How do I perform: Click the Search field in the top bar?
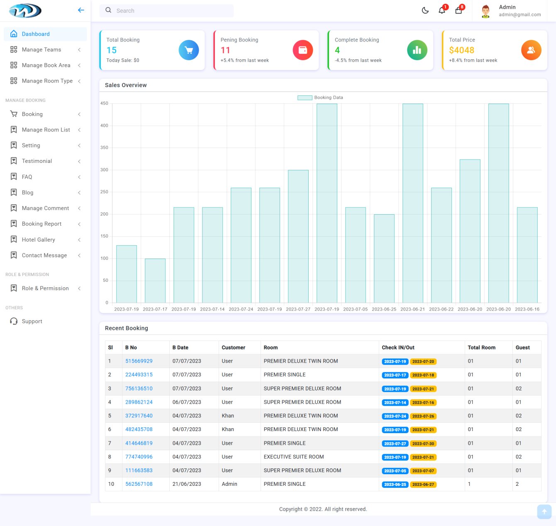166,11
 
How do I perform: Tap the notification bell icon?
442,10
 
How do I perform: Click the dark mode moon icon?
425,10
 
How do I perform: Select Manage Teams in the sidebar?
41,50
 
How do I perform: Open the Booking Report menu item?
41,224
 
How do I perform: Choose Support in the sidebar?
32,321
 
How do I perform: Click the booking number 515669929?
139,361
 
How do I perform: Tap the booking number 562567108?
139,484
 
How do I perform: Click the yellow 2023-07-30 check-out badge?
423,444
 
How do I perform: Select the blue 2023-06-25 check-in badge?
395,485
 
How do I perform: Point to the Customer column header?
233,348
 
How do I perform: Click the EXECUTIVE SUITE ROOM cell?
294,457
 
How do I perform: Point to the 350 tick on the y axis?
104,148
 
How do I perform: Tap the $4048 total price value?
461,50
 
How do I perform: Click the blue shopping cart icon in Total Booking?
189,50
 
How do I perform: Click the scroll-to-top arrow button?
544,511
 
